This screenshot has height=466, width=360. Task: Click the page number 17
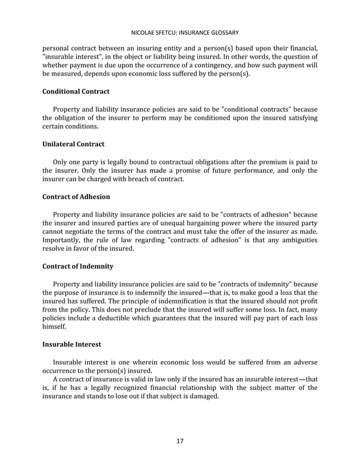179,441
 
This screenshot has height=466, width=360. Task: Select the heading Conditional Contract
76,91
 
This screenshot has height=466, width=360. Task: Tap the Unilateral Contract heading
73,144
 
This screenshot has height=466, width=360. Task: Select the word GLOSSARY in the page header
223,32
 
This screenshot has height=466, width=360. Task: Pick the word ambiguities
295,240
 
